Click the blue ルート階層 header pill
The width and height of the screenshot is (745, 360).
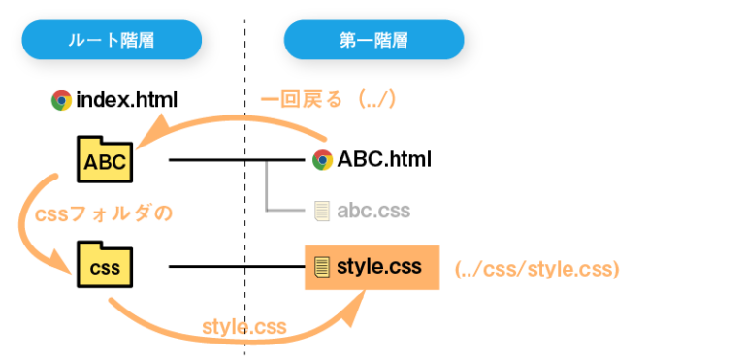(x=112, y=41)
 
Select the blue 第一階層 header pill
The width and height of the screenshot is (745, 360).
(x=373, y=41)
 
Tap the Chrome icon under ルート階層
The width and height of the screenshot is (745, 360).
(x=61, y=100)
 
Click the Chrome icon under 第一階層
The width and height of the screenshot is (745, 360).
(x=323, y=160)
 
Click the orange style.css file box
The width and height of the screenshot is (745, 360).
(x=372, y=267)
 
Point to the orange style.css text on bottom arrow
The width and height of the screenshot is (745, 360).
(x=243, y=326)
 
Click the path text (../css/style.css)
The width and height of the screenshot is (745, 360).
(x=536, y=268)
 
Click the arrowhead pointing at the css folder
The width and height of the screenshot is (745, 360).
(x=67, y=262)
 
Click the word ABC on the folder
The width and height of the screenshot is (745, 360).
(x=105, y=162)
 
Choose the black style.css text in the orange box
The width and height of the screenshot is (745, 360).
(x=379, y=267)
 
